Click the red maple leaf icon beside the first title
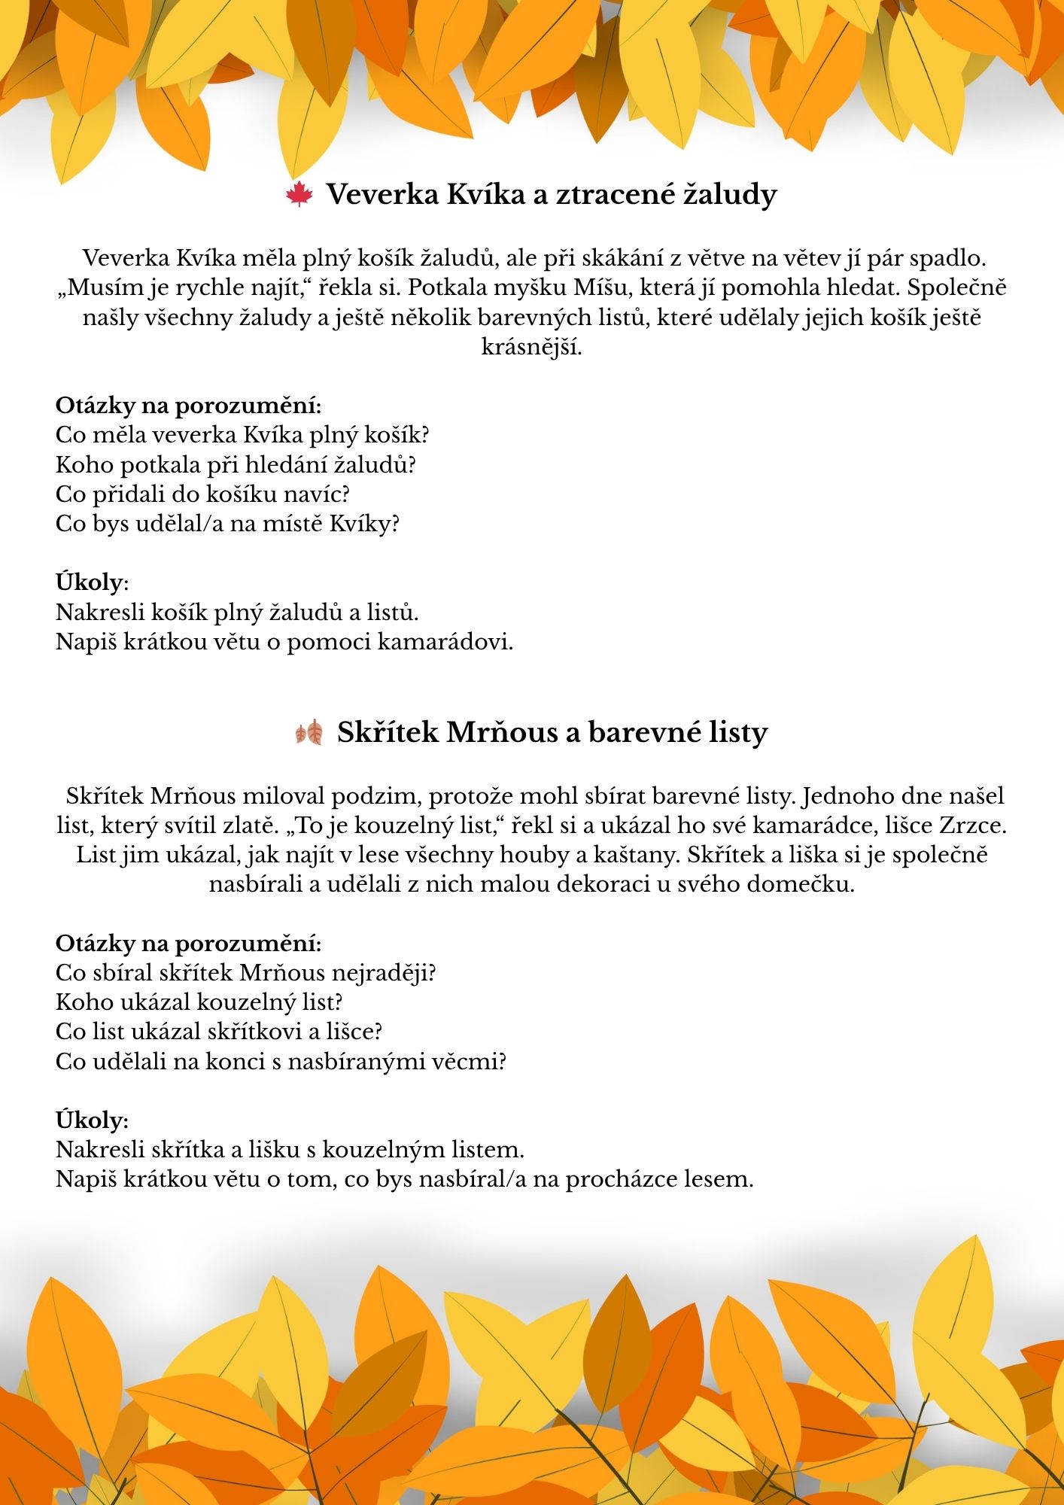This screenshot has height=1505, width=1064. (299, 195)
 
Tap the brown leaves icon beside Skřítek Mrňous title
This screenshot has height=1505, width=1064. (309, 732)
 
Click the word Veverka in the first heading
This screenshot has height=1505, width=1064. (382, 194)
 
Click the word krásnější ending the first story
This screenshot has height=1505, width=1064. (532, 347)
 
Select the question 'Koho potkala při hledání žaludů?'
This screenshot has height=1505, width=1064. (236, 464)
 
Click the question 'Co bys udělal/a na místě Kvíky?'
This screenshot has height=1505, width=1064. (226, 523)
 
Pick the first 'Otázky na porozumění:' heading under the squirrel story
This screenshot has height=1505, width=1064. (188, 406)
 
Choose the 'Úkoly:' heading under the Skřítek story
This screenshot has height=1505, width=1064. (92, 1120)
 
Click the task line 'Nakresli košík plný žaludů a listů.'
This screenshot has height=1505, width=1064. (237, 612)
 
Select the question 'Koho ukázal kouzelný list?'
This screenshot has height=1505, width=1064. (199, 1002)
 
